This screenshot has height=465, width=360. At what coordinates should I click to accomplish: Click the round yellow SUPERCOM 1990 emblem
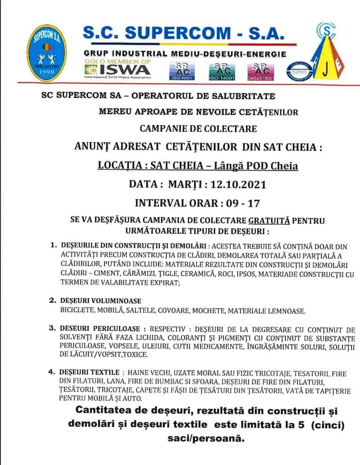click(x=46, y=53)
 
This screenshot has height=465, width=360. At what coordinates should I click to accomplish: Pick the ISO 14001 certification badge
click(x=222, y=71)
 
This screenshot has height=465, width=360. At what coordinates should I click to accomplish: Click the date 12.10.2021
click(x=238, y=185)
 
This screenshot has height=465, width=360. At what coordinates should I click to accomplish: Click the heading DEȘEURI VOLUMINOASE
click(x=101, y=301)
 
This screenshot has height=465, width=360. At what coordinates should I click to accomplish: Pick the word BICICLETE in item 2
click(x=77, y=311)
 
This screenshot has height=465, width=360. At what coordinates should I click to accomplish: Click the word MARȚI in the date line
click(x=187, y=185)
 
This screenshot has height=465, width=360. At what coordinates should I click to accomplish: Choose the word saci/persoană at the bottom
click(x=204, y=439)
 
